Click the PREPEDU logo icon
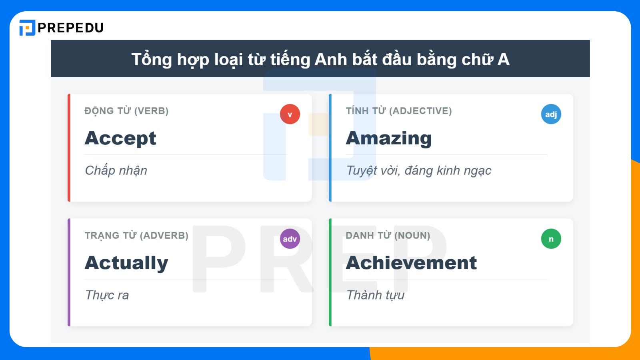27,28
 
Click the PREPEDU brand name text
71,28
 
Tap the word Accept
120,138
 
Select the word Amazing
389,138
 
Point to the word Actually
126,263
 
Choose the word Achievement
411,263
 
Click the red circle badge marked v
290,114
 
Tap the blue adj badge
551,114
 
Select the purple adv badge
290,239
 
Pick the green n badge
551,239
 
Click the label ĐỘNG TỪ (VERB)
126,111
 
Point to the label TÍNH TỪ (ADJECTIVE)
399,111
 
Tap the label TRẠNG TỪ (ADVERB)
136,235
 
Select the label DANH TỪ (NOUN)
388,235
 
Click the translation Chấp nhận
116,171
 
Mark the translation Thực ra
107,295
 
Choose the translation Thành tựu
375,295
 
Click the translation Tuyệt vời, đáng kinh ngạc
418,171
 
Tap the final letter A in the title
504,60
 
